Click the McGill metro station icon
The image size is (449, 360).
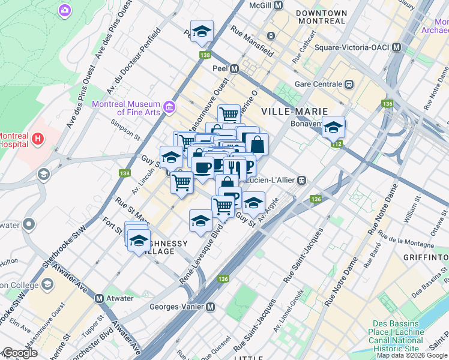(x=278, y=5)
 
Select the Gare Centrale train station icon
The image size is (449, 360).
(x=348, y=84)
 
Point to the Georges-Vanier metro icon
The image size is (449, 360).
(x=211, y=307)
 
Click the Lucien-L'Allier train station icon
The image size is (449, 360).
(x=304, y=180)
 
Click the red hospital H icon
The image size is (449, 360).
(x=38, y=140)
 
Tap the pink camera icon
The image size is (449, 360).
(x=64, y=10)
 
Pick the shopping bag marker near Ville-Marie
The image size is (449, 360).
(x=256, y=145)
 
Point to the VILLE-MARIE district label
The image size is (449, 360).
(x=295, y=112)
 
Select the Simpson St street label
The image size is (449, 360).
(x=125, y=122)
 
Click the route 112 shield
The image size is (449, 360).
(x=338, y=144)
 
